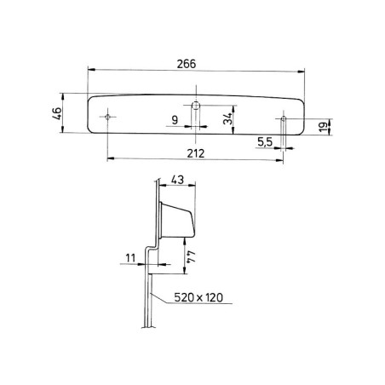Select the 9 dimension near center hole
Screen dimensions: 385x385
175,121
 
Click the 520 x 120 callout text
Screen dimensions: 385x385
204,298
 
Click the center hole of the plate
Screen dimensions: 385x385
196,106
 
